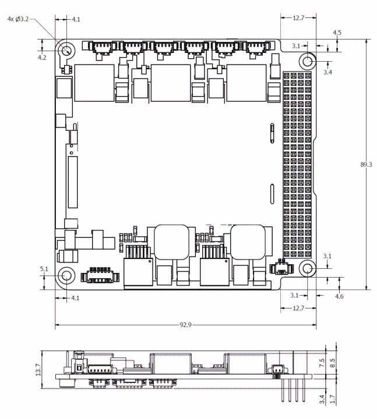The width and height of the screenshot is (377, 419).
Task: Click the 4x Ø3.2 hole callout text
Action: tap(17, 19)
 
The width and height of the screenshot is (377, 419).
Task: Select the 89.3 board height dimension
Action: tap(367, 165)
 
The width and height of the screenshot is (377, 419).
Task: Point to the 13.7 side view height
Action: tap(38, 369)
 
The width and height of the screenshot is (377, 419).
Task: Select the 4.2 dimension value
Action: tap(41, 58)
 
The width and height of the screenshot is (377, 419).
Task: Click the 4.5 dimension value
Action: tap(337, 33)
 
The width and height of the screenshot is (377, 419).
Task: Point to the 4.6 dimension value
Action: tap(339, 296)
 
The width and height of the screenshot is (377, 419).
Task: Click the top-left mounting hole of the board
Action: tap(66, 50)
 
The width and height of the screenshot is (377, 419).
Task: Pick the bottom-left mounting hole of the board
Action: tap(66, 276)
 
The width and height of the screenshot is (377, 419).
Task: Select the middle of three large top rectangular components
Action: tap(171, 82)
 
